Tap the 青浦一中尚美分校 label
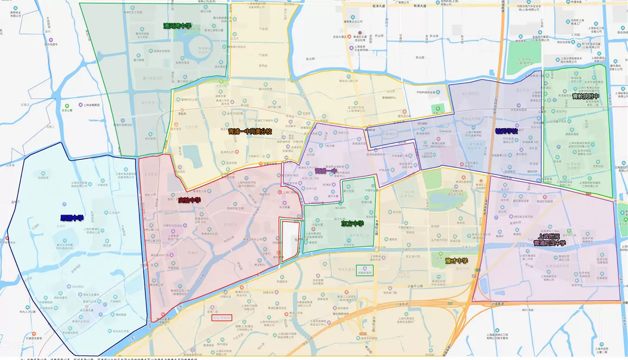250,131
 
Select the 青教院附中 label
586,97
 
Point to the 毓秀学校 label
506,131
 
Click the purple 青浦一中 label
326,171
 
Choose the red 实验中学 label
189,200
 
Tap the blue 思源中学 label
72,217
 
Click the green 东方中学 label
353,223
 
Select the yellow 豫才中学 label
456,260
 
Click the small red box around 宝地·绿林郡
222,319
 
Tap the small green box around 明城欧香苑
364,270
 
